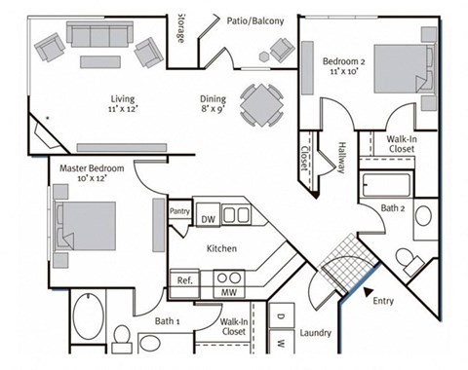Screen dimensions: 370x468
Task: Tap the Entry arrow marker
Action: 368,289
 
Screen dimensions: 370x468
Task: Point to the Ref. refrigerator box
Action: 183,280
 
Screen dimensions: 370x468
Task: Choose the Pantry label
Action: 179,211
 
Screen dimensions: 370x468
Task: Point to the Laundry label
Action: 317,333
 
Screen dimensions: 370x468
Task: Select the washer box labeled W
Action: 281,343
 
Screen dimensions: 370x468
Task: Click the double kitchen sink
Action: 235,215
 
